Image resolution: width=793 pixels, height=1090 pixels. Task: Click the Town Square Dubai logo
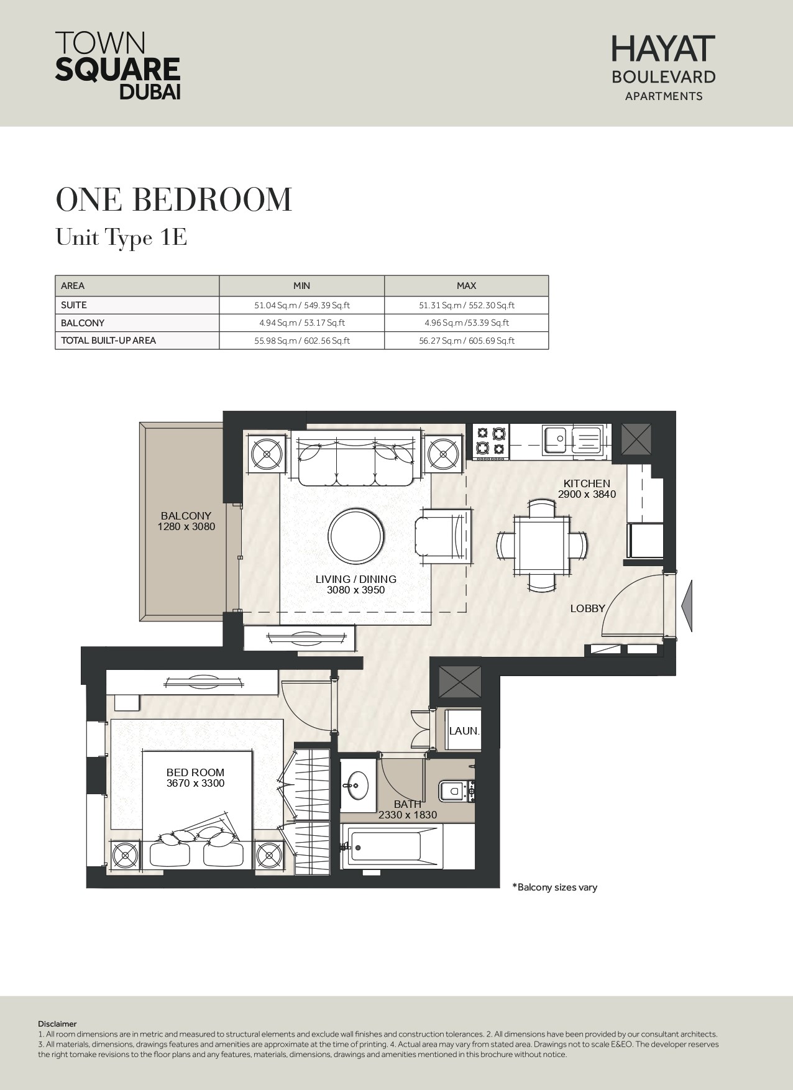(118, 65)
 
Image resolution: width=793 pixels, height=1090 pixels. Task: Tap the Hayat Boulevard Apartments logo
(664, 68)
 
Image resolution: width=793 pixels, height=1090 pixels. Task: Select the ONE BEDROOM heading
(174, 199)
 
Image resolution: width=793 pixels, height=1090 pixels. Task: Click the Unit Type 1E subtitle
(122, 237)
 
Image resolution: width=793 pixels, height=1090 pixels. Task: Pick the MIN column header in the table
(301, 286)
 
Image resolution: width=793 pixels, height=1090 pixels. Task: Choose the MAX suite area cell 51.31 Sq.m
(466, 305)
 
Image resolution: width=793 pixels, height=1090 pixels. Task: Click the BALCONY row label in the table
(83, 323)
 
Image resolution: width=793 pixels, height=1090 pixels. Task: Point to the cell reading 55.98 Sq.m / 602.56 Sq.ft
(302, 341)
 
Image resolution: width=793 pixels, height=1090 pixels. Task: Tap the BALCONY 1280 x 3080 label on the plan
(186, 521)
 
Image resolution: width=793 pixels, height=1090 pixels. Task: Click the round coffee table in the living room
(355, 536)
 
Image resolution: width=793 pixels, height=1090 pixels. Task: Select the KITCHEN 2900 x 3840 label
(587, 488)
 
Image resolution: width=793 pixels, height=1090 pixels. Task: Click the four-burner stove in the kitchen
(490, 442)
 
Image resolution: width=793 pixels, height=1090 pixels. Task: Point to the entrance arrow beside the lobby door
(687, 605)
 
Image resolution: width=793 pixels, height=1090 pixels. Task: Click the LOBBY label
(587, 608)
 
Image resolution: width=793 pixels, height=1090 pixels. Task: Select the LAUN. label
(464, 731)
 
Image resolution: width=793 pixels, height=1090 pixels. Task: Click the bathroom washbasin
(357, 785)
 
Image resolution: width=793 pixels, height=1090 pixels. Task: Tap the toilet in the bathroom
(456, 791)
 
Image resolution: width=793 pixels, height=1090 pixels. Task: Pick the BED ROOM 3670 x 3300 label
(195, 778)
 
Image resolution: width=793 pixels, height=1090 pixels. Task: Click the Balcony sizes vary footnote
(554, 887)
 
